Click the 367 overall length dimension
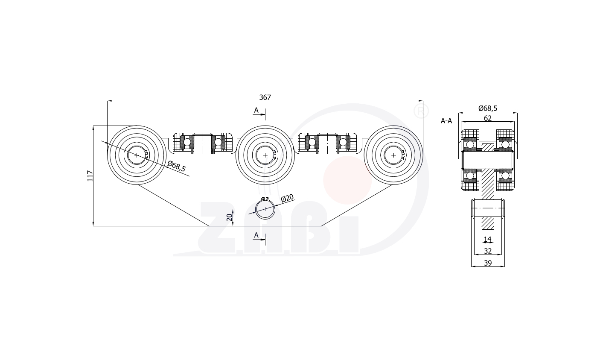[265, 97]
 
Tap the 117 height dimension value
[90, 176]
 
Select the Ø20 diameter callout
[287, 198]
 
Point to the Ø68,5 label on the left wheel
[176, 166]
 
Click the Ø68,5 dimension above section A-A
[488, 108]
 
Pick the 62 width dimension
[487, 118]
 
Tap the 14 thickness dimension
[487, 239]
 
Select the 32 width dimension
[488, 251]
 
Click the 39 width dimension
[488, 263]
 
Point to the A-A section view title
[446, 121]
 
